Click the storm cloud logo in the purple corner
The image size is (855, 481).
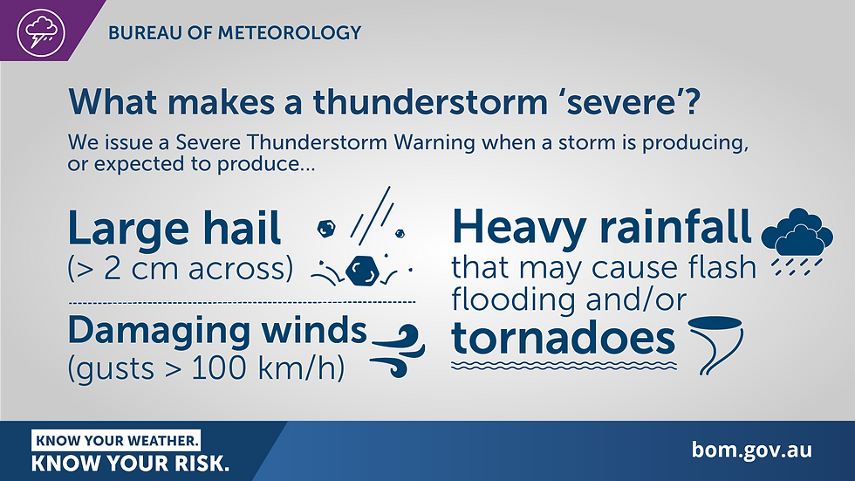point(41,31)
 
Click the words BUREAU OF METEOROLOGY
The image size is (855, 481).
point(234,33)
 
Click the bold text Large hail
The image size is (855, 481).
point(174,230)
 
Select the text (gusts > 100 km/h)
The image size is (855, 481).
point(206,368)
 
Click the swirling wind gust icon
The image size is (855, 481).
point(398,350)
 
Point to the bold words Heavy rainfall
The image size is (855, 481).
point(602,227)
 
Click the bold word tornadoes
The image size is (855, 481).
point(564,339)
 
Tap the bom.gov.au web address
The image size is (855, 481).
point(751,450)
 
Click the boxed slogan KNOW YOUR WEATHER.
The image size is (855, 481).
point(117,439)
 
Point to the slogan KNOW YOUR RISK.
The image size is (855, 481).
point(131,464)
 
